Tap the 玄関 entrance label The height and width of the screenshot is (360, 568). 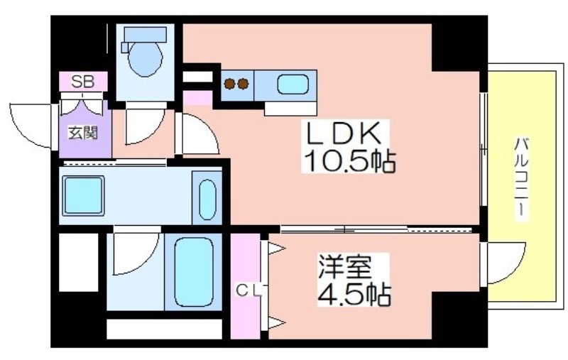[82, 132]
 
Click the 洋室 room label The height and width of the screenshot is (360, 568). [344, 266]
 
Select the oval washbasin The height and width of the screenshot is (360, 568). [207, 198]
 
